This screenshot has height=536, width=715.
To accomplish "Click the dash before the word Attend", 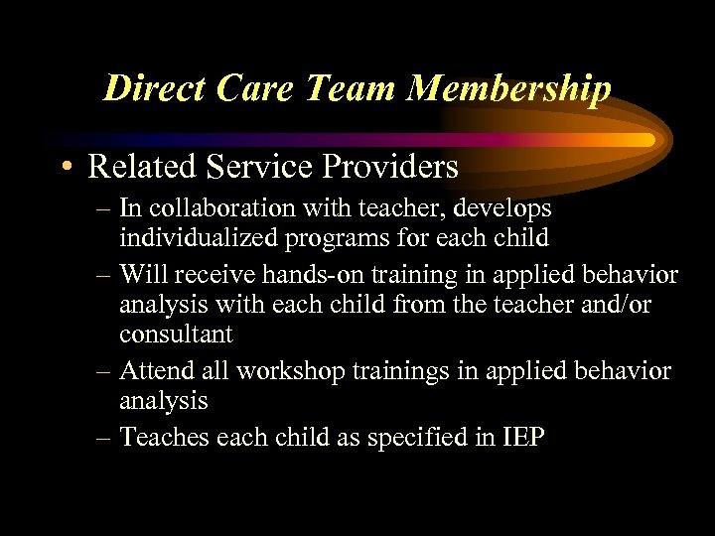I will (x=105, y=370).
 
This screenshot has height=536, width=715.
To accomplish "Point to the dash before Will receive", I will (x=105, y=273).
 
